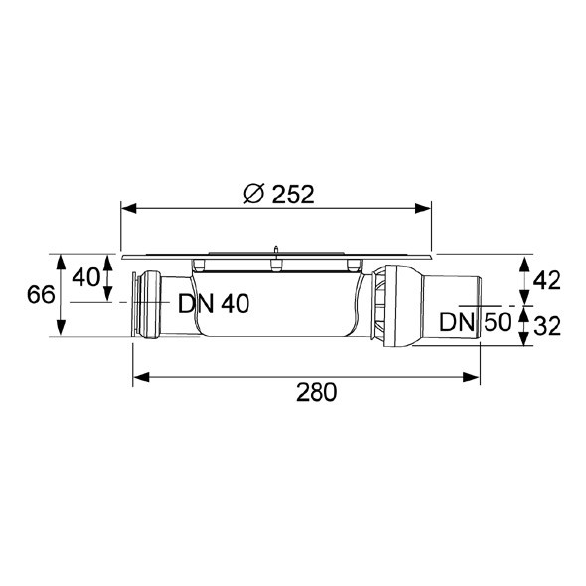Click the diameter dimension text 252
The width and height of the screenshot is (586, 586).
pos(292,194)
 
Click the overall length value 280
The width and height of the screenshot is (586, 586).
pos(316,392)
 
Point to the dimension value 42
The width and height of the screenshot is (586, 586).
pos(546,280)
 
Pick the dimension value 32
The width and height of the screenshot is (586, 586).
pos(546,324)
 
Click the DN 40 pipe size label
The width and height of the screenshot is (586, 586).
pos(213,304)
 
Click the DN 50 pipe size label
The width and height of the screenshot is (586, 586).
pos(475,321)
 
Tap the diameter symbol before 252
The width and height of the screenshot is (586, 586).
pos(254,194)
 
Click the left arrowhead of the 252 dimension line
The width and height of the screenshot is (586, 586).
pos(127,208)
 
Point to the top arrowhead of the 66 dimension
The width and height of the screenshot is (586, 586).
pos(62,260)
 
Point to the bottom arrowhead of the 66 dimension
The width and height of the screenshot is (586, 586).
pos(62,333)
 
